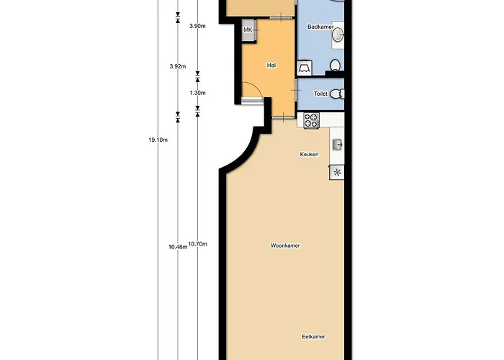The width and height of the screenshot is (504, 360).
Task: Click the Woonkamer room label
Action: click(285, 246)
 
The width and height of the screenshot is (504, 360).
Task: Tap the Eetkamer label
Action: click(313, 337)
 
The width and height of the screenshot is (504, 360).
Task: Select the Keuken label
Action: click(309, 155)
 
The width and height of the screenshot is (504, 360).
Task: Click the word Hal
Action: click(271, 66)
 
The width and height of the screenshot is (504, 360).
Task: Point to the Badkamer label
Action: click(320, 27)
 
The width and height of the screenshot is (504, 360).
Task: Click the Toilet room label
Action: click(321, 94)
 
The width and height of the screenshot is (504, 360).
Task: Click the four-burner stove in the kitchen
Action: click(311, 121)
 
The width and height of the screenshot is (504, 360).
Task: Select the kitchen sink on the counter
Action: click(337, 145)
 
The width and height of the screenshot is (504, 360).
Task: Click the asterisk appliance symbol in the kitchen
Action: click(337, 173)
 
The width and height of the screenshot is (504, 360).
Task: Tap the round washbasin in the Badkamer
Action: click(338, 35)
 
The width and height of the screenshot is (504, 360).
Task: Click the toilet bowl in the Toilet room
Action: click(336, 94)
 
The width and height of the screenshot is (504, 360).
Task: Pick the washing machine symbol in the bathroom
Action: click(304, 68)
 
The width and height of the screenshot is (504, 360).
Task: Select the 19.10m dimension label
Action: click(158, 140)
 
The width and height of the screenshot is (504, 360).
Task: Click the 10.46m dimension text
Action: click(178, 247)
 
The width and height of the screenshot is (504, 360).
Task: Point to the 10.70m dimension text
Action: click(198, 244)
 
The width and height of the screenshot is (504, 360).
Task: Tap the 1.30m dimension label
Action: click(197, 93)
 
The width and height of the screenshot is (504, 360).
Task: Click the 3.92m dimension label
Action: click(178, 66)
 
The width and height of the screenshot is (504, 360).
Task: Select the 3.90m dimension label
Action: click(197, 26)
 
